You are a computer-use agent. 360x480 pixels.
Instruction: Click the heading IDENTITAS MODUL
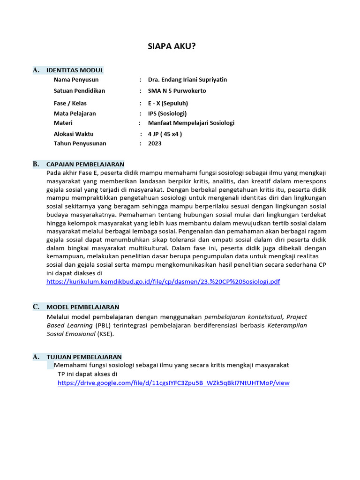click(75, 70)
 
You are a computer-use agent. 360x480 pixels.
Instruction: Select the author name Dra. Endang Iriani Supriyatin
click(187, 80)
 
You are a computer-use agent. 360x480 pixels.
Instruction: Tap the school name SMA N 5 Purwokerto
click(177, 91)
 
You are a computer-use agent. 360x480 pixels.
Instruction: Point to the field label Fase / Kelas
click(70, 103)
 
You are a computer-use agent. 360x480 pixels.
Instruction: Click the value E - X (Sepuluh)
click(168, 103)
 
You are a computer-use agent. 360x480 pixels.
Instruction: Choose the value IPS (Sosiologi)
click(167, 113)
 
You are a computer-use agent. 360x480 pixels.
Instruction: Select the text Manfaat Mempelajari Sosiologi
click(191, 123)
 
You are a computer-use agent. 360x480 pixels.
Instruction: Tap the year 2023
click(154, 143)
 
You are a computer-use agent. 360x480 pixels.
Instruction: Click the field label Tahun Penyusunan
click(80, 143)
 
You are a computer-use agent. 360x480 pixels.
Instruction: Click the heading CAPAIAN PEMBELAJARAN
click(85, 164)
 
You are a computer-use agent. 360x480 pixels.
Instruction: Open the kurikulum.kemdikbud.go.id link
click(163, 282)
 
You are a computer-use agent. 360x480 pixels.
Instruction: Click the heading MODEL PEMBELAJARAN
click(82, 307)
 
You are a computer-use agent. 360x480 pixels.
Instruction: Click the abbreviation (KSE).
click(105, 334)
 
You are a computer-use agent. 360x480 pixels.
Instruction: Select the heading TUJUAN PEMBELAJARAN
click(84, 357)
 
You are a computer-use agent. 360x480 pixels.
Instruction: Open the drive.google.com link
click(173, 383)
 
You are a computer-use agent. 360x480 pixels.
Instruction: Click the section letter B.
click(36, 164)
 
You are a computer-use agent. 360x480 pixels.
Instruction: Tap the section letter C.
click(36, 307)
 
